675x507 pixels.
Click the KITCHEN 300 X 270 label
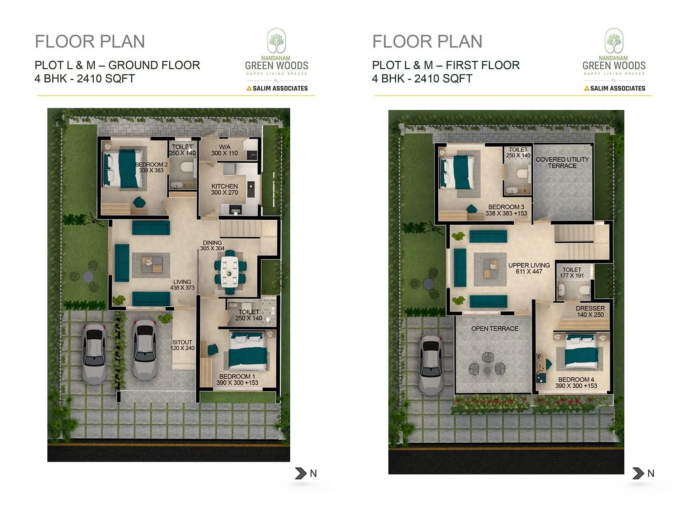[x=224, y=189]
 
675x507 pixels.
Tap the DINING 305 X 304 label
[x=212, y=245]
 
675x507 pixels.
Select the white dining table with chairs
[x=229, y=273]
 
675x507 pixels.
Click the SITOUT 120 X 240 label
[x=182, y=345]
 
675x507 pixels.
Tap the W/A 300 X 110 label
[x=224, y=150]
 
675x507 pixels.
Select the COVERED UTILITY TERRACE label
[x=562, y=163]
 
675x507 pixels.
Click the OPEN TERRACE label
[x=494, y=329]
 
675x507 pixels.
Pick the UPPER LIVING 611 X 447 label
[x=529, y=268]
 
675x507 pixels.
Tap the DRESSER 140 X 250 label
[x=590, y=311]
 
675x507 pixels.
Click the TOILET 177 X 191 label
[x=572, y=273]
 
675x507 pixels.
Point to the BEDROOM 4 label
[x=576, y=382]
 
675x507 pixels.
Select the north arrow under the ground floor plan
[x=301, y=473]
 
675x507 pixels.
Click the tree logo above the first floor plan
[x=614, y=41]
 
